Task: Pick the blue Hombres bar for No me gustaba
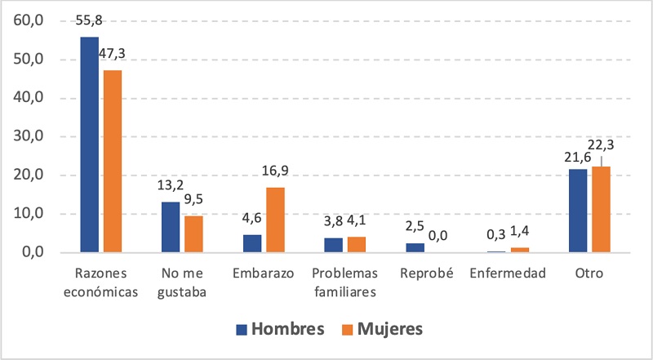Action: (x=171, y=228)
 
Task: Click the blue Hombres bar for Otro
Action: (x=578, y=211)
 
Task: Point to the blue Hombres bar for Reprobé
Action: (x=415, y=248)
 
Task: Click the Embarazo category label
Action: (x=263, y=273)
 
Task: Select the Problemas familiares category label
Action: (x=344, y=282)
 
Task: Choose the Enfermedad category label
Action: (x=508, y=273)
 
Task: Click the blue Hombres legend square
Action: (x=241, y=329)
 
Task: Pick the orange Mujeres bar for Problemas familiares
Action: (x=357, y=245)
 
